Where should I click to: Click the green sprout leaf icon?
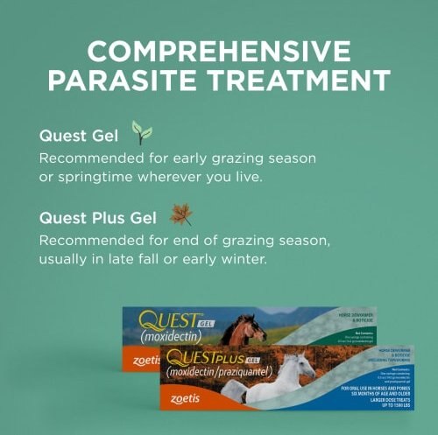(141, 133)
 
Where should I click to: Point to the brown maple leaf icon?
(180, 214)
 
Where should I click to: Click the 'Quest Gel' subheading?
(80, 137)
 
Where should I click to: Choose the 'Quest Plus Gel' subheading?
(97, 218)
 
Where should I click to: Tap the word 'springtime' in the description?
(96, 178)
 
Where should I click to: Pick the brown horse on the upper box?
(243, 330)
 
